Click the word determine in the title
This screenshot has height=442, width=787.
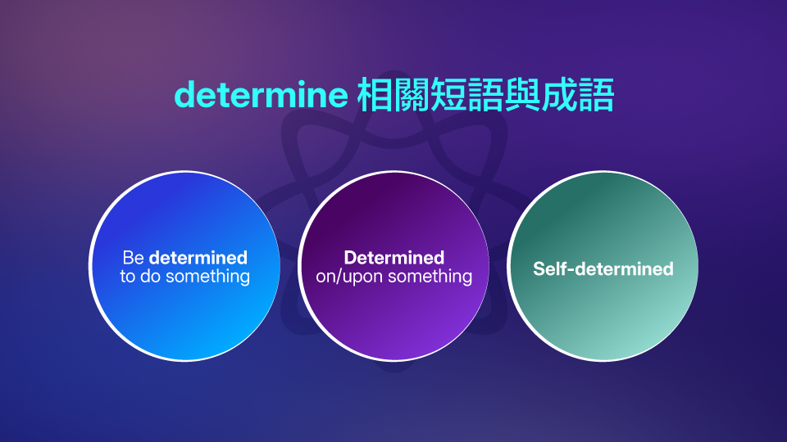[262, 97]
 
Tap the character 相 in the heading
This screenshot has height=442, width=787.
[375, 97]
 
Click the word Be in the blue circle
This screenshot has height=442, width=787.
[133, 259]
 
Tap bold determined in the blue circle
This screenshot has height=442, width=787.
[198, 259]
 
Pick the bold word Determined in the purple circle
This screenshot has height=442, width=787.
[393, 259]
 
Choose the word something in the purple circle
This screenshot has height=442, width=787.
[430, 277]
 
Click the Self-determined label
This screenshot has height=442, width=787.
[603, 268]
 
